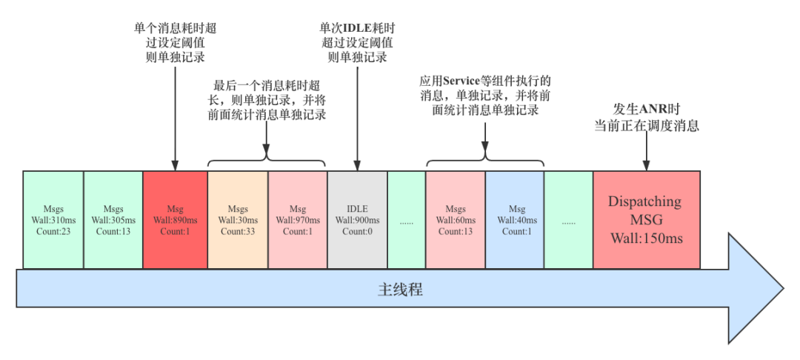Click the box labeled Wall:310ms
pos(53,219)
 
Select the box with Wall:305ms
pos(113,219)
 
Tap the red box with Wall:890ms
pos(176,219)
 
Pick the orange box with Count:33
pos(238,219)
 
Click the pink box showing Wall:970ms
pos(298,219)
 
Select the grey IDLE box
pos(357,219)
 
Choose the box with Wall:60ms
pos(456,219)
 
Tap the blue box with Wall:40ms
pos(515,219)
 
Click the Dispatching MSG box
pos(646,219)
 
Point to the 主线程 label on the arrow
pos(400,290)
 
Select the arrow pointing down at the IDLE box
pos(357,119)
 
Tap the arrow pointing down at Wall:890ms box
pos(176,119)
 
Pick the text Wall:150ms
pos(647,239)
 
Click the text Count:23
pos(53,231)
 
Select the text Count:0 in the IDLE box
pos(357,231)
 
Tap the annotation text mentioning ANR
pos(647,118)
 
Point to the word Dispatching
pos(644,201)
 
